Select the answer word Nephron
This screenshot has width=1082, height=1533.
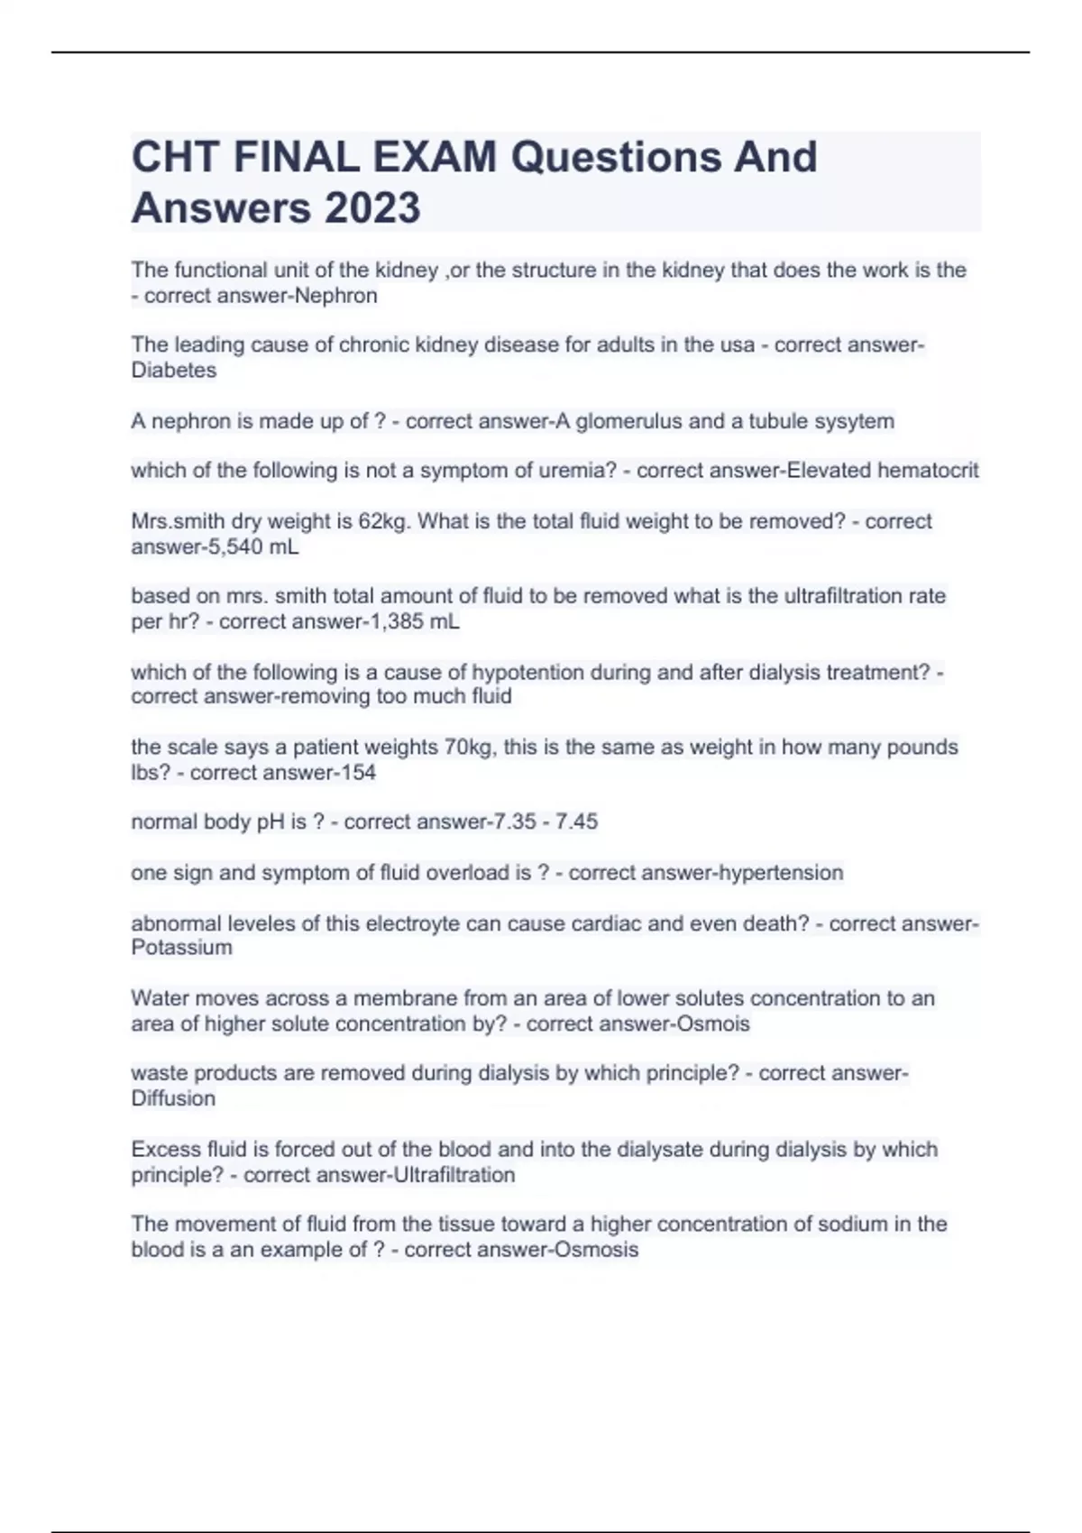[x=335, y=296]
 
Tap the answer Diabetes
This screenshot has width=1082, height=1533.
[x=174, y=370]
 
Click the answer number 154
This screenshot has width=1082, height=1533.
[x=357, y=772]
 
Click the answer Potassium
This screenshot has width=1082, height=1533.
[x=181, y=947]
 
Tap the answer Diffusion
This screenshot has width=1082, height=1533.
[x=173, y=1098]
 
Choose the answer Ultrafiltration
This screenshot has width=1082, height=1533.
[x=454, y=1175]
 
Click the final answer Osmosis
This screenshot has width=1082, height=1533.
[x=596, y=1250]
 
